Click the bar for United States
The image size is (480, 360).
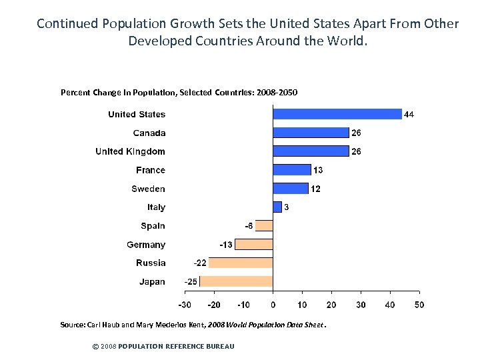click(337, 114)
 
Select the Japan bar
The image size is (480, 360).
click(236, 281)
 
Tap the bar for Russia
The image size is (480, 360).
click(241, 263)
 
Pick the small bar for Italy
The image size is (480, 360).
click(277, 207)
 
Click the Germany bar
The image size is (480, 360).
click(254, 245)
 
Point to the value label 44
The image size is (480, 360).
click(409, 115)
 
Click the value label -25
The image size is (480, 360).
click(191, 282)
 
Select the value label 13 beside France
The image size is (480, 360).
click(318, 171)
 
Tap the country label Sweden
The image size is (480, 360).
click(148, 189)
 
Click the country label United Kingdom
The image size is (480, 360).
click(130, 151)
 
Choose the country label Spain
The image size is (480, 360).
click(153, 226)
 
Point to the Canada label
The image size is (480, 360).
click(149, 133)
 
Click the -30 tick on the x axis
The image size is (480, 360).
click(185, 305)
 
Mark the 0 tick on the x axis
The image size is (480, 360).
click(273, 305)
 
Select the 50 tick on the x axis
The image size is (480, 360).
click(419, 305)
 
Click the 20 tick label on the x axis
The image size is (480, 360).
click(331, 305)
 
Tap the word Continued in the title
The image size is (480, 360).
click(67, 24)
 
